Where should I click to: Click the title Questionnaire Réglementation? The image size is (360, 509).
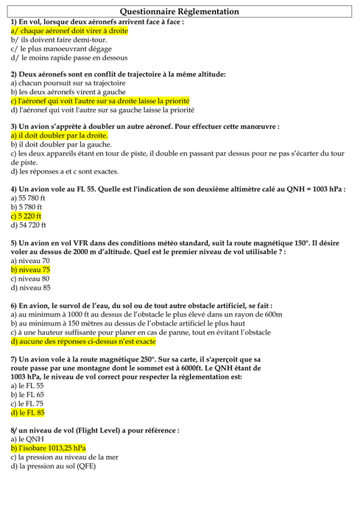point(180,11)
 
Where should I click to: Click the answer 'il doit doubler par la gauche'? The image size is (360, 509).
point(61,144)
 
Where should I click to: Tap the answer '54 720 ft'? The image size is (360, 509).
point(28,225)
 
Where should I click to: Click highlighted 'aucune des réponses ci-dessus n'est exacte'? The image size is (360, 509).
point(83,341)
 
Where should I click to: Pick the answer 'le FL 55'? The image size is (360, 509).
point(27,385)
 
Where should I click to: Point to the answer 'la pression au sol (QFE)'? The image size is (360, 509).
point(53,466)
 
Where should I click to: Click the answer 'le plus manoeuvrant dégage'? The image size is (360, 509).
point(61,48)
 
